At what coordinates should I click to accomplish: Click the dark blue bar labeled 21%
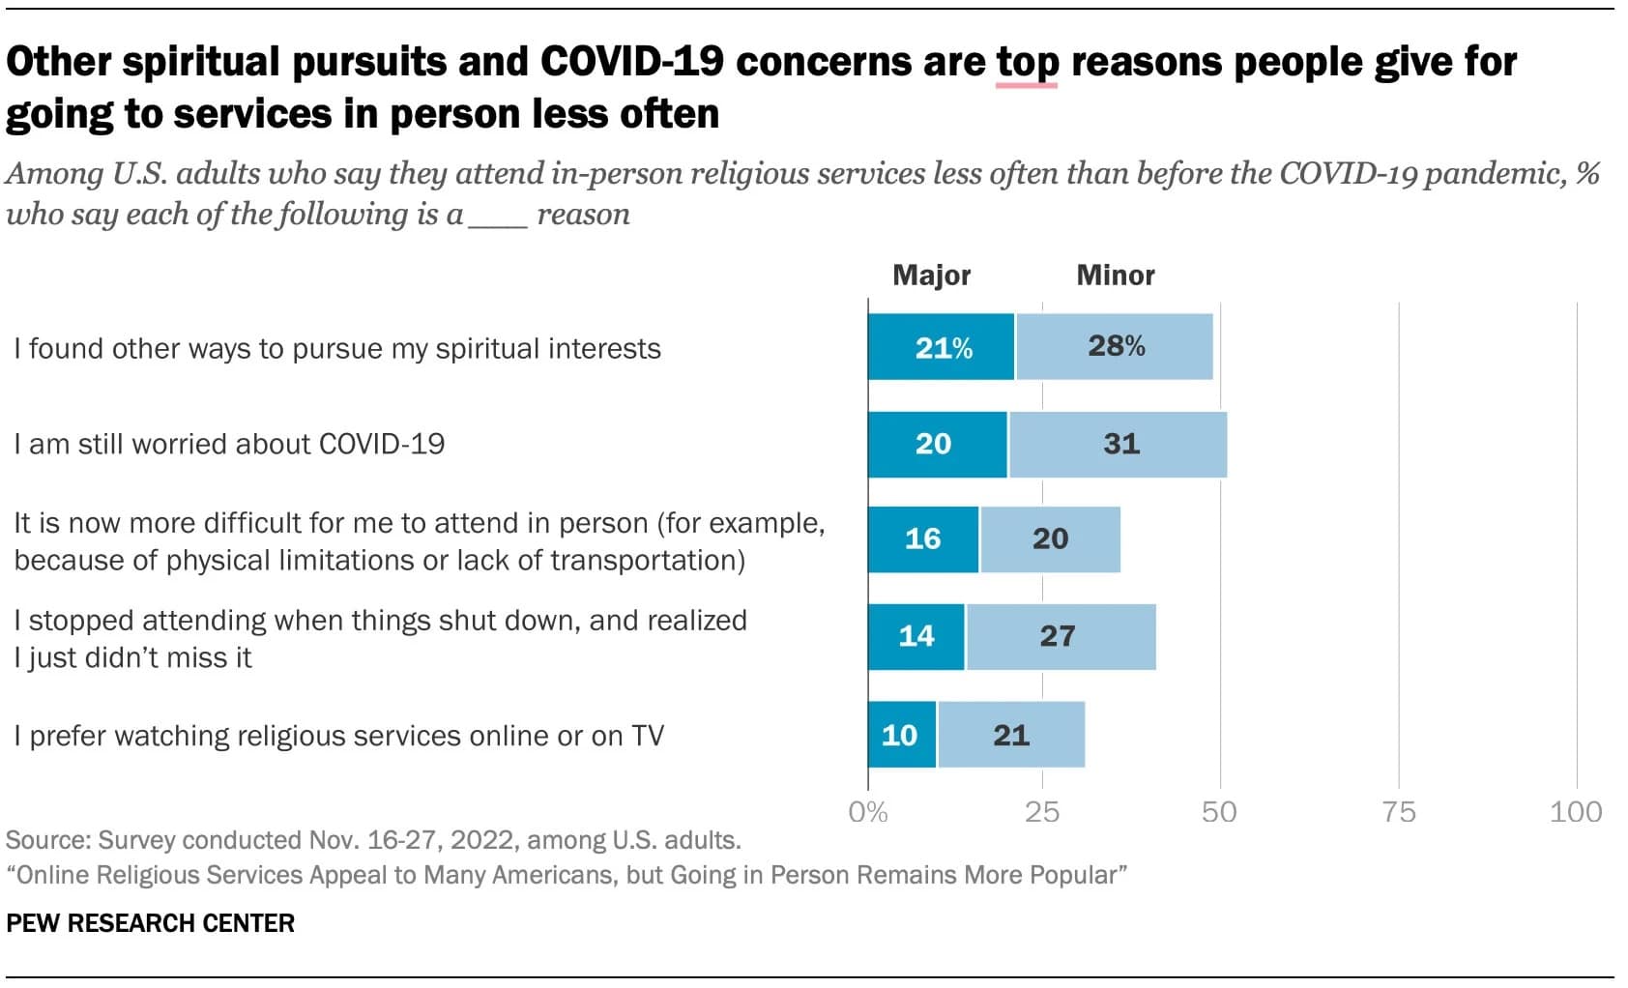click(x=941, y=347)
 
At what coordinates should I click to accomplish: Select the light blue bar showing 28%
click(x=1114, y=347)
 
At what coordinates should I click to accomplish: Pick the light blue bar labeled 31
click(x=1118, y=445)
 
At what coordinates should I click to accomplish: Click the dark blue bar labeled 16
click(x=923, y=539)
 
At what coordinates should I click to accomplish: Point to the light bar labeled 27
click(x=1061, y=636)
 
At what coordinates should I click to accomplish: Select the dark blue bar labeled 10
click(x=901, y=735)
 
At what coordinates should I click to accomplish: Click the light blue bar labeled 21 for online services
click(x=1011, y=735)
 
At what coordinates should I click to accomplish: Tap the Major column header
click(x=931, y=276)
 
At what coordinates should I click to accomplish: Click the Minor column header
click(x=1116, y=276)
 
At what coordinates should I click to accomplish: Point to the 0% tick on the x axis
click(x=867, y=811)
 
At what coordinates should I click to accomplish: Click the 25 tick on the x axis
click(x=1042, y=811)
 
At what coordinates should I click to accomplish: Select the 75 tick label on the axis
click(x=1398, y=811)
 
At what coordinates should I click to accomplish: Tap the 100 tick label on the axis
click(x=1575, y=811)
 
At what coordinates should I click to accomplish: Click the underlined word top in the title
click(x=1027, y=63)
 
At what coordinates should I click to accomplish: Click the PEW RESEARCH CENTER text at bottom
click(x=150, y=923)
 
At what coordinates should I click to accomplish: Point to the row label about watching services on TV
click(x=338, y=736)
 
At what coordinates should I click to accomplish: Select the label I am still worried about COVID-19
click(x=229, y=445)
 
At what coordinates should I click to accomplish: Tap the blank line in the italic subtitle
click(x=498, y=217)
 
